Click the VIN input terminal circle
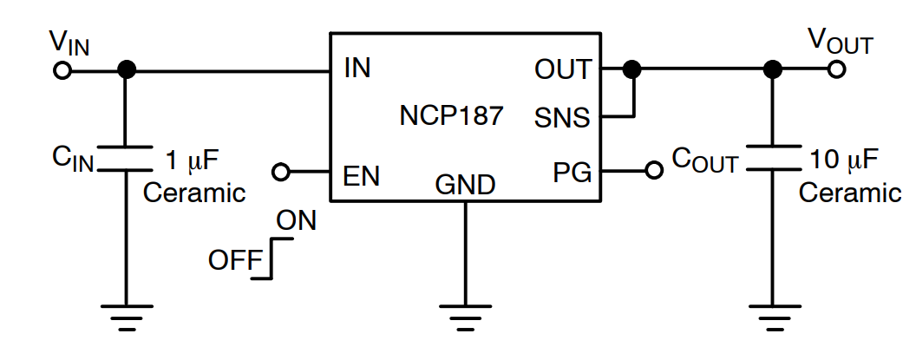62,70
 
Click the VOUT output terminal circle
836,70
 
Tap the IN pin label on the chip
357,69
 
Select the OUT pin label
563,69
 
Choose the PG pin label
572,173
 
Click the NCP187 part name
451,115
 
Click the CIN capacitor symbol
126,160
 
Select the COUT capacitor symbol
770,160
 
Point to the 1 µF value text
194,160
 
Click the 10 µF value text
844,160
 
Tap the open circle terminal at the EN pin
280,172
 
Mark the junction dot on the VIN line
126,70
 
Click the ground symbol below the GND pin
466,315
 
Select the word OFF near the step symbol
229,259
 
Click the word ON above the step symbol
296,221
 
